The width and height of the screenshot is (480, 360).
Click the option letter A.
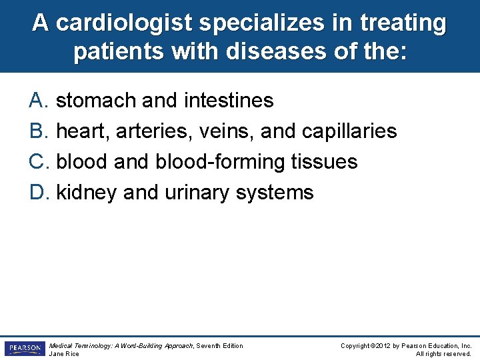(x=37, y=101)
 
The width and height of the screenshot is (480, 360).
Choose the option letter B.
(x=37, y=131)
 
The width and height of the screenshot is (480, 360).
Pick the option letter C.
(x=37, y=162)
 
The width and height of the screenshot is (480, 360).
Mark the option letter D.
(x=37, y=193)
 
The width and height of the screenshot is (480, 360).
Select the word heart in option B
(x=82, y=131)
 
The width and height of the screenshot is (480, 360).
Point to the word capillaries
(x=349, y=131)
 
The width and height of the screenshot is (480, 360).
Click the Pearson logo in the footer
(x=24, y=348)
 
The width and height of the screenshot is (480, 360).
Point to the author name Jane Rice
(x=64, y=353)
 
